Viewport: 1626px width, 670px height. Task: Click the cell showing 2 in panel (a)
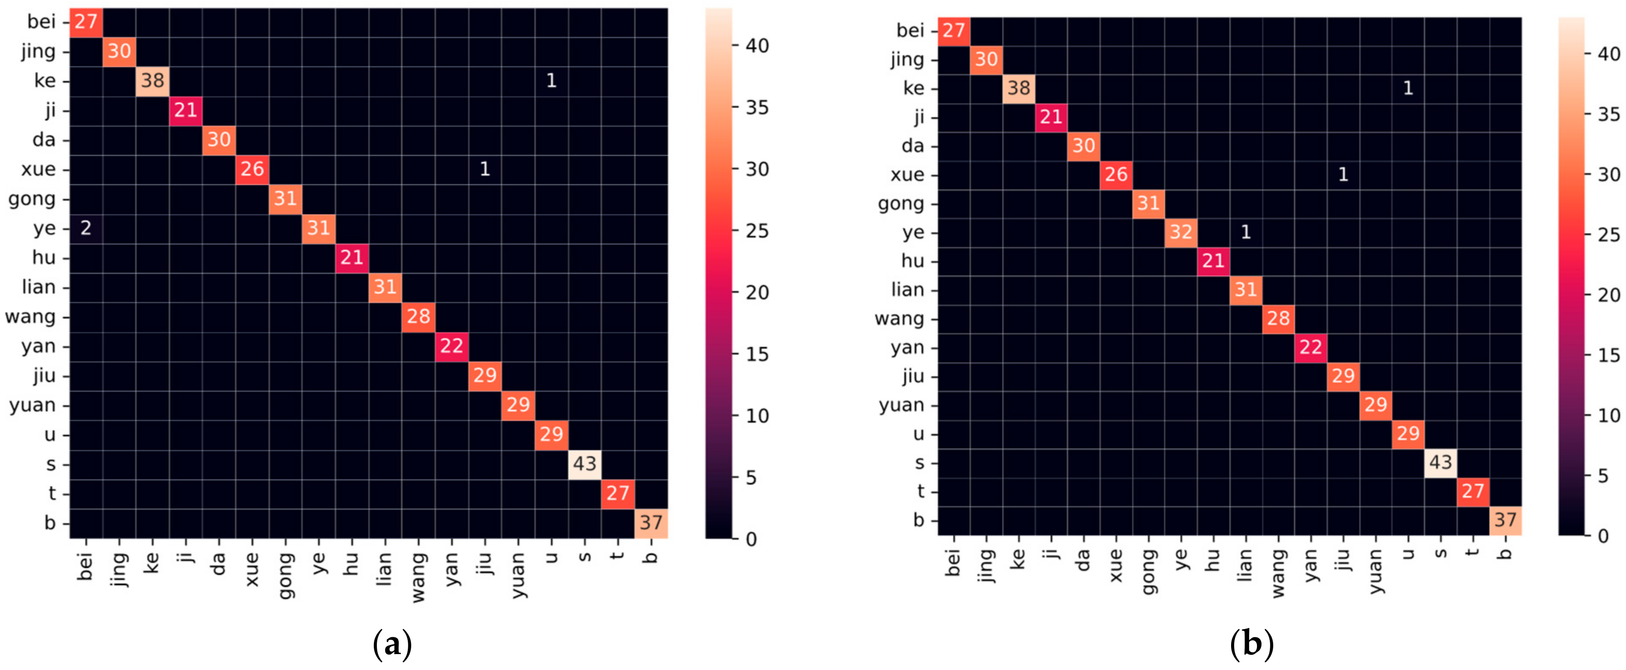(86, 228)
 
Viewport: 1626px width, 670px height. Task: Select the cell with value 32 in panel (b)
(1180, 232)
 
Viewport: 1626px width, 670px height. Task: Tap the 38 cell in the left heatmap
(152, 80)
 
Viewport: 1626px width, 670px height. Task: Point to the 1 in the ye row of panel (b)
(1245, 232)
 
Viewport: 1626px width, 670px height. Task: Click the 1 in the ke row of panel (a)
(551, 80)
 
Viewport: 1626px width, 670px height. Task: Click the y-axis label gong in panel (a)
(31, 199)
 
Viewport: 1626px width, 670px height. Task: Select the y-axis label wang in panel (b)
(899, 319)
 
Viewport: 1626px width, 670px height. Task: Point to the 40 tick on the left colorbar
(757, 46)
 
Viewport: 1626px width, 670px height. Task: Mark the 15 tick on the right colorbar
(1609, 355)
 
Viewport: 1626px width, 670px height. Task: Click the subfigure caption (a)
(393, 645)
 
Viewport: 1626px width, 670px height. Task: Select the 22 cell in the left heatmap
(451, 346)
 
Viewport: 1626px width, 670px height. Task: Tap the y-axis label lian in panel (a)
(39, 287)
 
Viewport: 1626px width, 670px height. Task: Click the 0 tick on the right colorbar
(1603, 535)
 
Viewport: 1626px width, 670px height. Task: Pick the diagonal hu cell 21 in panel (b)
(1213, 261)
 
